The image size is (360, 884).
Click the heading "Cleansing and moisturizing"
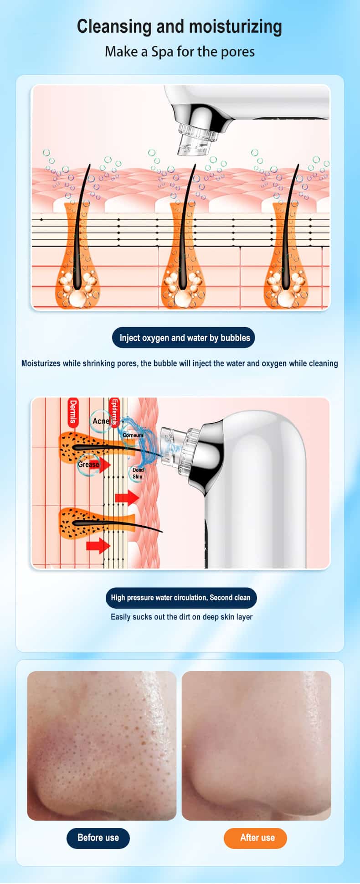[x=180, y=26]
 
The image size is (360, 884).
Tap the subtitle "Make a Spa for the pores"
[x=180, y=52]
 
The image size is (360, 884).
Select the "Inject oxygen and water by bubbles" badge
[x=184, y=338]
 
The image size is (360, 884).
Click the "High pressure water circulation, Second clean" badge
[x=181, y=598]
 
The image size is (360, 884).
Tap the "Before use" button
[x=98, y=837]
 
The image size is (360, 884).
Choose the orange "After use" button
[x=255, y=837]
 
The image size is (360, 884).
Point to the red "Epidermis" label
[x=114, y=412]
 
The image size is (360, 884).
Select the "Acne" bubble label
[x=101, y=421]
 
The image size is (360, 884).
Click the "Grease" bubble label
[x=88, y=465]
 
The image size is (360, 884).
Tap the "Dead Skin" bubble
[x=138, y=473]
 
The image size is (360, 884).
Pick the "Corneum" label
[x=133, y=435]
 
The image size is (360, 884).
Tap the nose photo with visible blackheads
[x=102, y=745]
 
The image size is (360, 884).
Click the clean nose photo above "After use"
[x=256, y=745]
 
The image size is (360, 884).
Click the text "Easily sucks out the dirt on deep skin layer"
[x=181, y=617]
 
